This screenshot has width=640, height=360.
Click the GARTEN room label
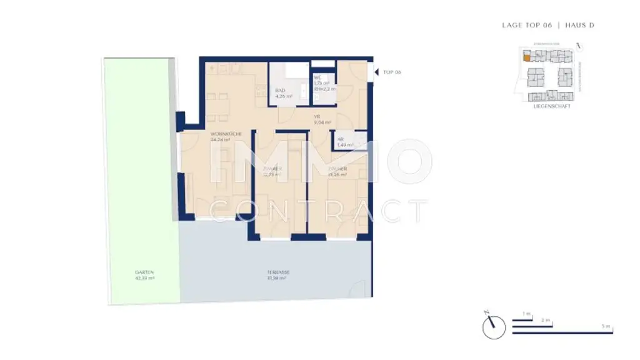tap(144, 272)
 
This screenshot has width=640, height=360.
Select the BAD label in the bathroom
tap(280, 91)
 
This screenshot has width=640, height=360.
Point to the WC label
tap(317, 77)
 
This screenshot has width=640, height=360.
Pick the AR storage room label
tap(341, 139)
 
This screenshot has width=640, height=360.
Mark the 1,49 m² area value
tap(344, 145)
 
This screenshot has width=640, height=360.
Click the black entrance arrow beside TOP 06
tap(376, 72)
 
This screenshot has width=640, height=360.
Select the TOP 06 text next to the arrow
tap(392, 72)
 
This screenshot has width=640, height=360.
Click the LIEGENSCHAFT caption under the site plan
tap(552, 106)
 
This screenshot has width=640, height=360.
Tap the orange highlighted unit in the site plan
tap(527, 58)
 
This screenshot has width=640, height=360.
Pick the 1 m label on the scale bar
tap(526, 314)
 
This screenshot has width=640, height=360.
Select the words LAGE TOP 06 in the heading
tap(527, 25)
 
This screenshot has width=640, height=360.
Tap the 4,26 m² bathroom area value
tap(283, 96)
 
